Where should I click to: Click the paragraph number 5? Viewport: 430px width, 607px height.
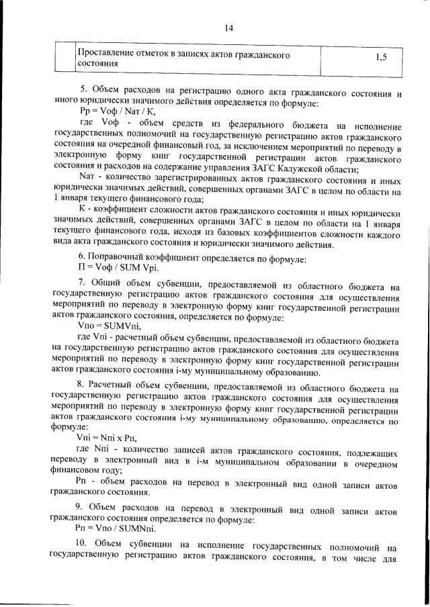[83, 89]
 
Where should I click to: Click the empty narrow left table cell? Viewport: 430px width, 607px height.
[65, 58]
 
